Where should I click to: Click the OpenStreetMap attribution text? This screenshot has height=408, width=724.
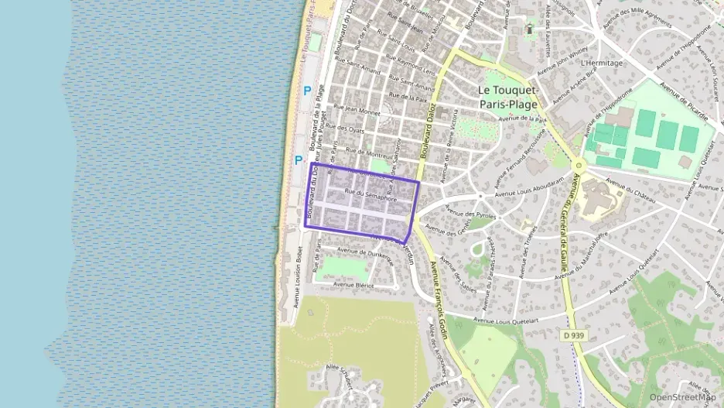click(682, 397)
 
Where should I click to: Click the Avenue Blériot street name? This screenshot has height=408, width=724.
click(353, 285)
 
